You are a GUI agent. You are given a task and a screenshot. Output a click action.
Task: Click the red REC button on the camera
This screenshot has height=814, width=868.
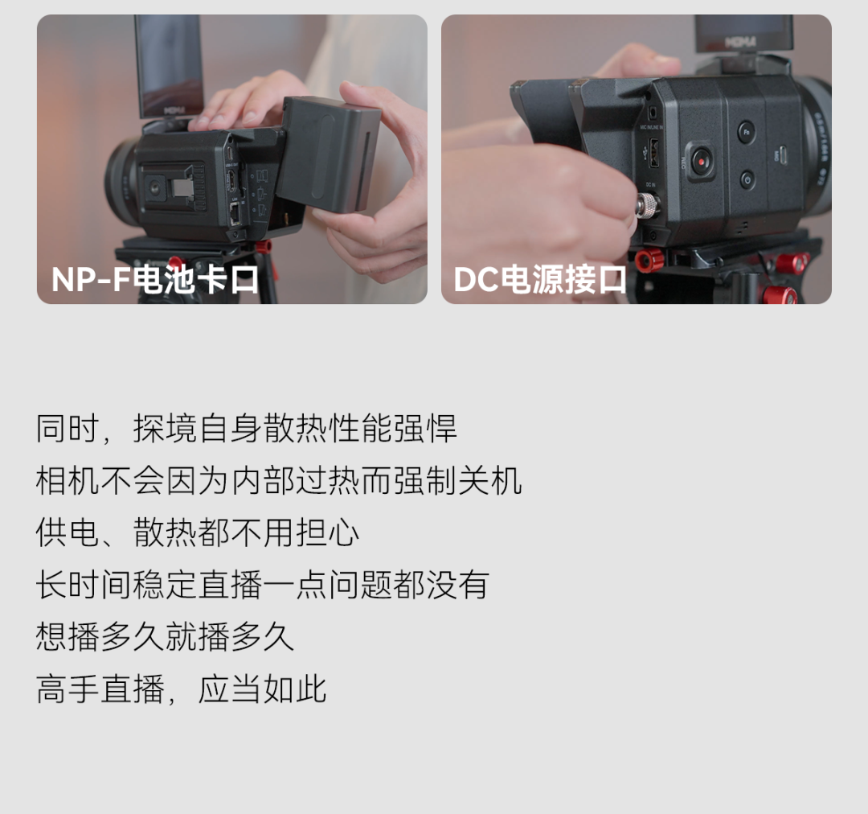coord(700,161)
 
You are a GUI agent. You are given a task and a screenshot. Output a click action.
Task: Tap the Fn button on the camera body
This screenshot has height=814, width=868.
coord(746,132)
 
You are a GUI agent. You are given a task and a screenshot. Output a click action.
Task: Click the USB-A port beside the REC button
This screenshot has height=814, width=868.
coord(653,153)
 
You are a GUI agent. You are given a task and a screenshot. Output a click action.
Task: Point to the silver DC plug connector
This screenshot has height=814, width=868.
coord(645,204)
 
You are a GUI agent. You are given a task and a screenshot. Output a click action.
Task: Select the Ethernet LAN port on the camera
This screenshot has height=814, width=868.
coord(235,213)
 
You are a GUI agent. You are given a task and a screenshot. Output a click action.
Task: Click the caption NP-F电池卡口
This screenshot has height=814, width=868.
coord(154,279)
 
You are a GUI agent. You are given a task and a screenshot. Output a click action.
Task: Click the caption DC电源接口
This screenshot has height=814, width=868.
coord(540,279)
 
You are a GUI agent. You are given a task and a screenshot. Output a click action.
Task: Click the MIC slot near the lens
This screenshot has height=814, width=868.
coord(782,155)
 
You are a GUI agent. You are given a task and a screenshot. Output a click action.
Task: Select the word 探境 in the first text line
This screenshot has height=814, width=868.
coord(165,428)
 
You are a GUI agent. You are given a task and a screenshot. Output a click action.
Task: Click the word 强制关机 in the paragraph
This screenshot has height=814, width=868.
coord(458,480)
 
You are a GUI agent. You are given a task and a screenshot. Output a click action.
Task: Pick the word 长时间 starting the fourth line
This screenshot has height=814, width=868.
coord(84,585)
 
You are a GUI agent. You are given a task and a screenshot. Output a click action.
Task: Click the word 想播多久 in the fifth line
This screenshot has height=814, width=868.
coord(100,637)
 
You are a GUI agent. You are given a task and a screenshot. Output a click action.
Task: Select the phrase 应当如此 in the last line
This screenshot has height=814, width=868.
coord(262,689)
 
